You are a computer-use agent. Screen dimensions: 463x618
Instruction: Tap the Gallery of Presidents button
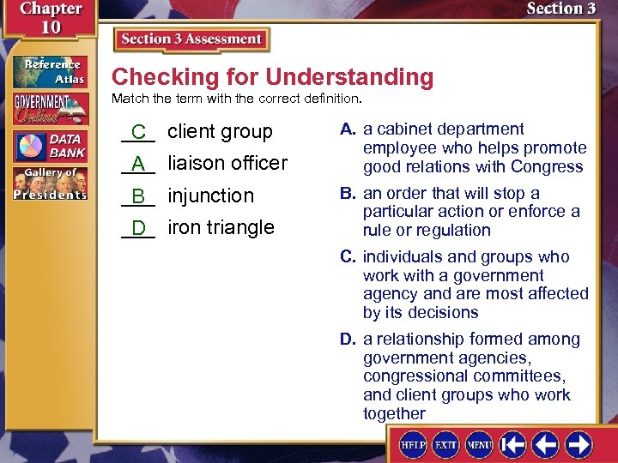click(x=49, y=183)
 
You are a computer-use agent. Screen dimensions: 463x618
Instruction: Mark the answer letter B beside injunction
click(x=137, y=196)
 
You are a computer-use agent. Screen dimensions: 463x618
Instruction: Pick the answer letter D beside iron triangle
click(x=137, y=228)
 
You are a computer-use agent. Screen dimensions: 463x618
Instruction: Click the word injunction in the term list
click(x=210, y=195)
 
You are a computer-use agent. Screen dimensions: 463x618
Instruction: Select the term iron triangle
click(x=221, y=227)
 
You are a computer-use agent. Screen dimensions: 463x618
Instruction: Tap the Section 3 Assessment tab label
click(x=191, y=39)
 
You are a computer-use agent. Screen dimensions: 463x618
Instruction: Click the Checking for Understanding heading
click(x=272, y=77)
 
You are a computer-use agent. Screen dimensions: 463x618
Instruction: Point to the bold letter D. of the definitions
click(x=348, y=340)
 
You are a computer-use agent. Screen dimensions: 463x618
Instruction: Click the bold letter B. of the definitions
click(x=348, y=193)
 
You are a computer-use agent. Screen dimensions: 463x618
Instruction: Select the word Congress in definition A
click(x=550, y=166)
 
